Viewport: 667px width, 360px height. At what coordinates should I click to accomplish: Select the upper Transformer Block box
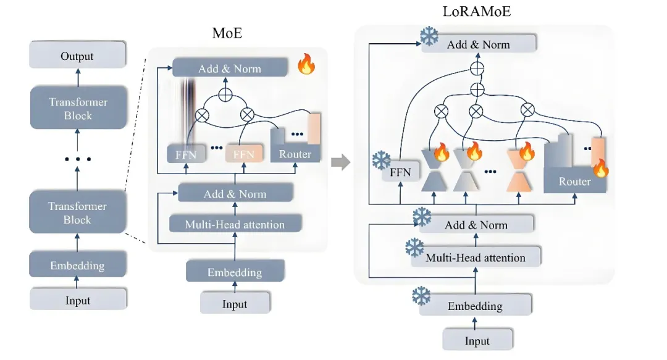[x=77, y=109]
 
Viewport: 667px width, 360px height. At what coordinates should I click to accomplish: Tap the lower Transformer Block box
[x=77, y=213]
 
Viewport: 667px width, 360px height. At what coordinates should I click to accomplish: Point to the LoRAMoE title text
[x=477, y=12]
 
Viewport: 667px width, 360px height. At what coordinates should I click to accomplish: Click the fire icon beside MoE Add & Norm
[x=306, y=64]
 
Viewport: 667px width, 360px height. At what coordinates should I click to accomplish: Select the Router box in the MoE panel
[x=295, y=153]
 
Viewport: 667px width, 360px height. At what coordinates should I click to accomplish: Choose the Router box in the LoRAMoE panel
[x=574, y=182]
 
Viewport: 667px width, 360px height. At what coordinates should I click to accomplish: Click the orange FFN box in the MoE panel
[x=243, y=154]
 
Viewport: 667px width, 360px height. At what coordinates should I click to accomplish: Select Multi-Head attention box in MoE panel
[x=235, y=224]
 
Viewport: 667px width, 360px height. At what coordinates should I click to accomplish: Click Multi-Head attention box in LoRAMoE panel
[x=476, y=257]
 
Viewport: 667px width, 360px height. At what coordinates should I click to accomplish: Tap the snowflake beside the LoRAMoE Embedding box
[x=421, y=295]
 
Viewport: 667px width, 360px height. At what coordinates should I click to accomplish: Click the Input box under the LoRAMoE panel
[x=477, y=341]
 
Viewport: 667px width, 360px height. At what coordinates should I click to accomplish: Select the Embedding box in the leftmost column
[x=77, y=266]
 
